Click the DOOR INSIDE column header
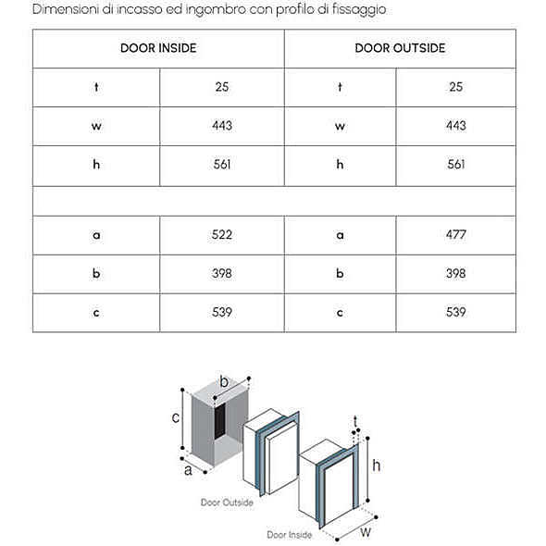pos(158,48)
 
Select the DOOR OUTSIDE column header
pos(400,48)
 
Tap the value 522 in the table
pos(222,235)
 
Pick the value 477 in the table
pos(456,235)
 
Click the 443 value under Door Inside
pos(222,125)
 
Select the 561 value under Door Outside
pos(456,164)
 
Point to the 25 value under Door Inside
pos(222,87)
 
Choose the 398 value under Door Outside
pos(456,273)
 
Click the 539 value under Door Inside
pos(222,312)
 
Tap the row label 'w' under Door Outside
pos(340,126)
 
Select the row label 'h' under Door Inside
pos(96,164)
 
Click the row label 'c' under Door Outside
pos(340,313)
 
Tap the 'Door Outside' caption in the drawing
pos(227,503)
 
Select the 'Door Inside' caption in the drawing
pos(290,535)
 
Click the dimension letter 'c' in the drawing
pos(176,417)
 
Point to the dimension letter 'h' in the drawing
pos(377,465)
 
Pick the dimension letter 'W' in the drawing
pos(366,532)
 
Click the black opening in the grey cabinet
pos(219,421)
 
